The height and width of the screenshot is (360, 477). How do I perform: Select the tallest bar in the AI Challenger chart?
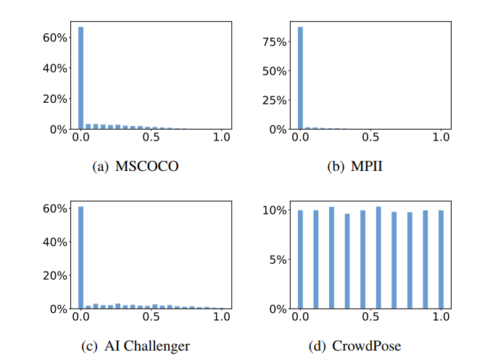coord(80,258)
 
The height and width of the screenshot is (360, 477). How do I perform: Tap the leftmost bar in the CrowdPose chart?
coord(300,259)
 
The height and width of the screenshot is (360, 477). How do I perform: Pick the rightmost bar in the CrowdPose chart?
coord(441,259)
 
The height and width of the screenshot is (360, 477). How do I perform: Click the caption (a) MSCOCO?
coord(136,167)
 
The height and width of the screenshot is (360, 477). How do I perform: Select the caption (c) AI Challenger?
coord(136,346)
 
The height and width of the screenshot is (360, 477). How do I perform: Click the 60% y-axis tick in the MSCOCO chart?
coord(57,38)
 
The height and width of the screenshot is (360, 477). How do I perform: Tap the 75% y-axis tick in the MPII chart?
coord(276,42)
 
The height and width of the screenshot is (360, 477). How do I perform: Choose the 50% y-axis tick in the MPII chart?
coord(276,72)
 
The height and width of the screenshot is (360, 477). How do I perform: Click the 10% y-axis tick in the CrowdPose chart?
coord(276,211)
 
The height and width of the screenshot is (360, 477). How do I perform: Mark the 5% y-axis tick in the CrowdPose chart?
coord(278,259)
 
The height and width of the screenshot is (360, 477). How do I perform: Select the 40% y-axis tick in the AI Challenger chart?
coord(57,242)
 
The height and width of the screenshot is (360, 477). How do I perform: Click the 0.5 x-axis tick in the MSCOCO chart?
coord(152,138)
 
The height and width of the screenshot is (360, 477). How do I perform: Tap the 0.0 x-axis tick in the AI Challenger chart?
coord(80,317)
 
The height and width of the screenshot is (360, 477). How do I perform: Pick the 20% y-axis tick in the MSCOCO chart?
coord(57,99)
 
